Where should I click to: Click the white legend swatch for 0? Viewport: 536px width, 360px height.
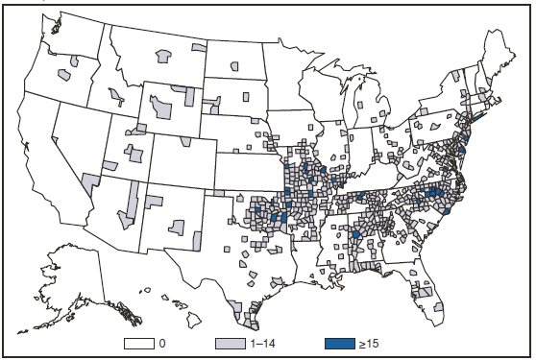coord(139,342)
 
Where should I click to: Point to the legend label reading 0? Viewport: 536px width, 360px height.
coord(163,342)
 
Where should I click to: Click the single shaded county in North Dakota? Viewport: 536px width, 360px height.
coord(235,67)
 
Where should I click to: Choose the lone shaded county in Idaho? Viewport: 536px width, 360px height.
coord(118,96)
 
